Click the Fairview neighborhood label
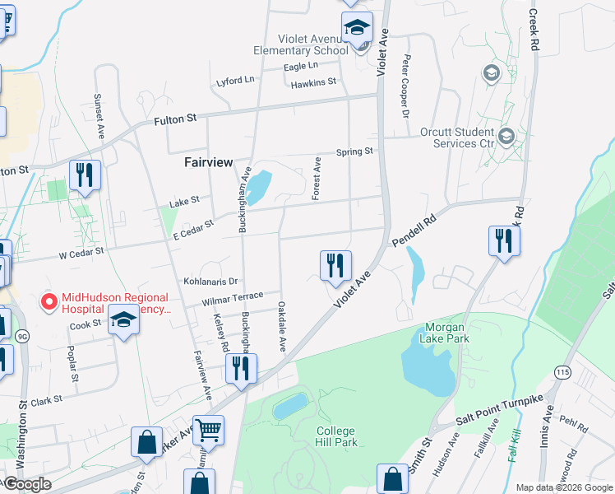[207, 163]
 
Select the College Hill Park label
[337, 436]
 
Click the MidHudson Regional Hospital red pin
[49, 302]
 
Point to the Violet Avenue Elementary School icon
[357, 28]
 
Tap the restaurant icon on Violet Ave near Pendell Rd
[335, 265]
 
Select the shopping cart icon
[209, 430]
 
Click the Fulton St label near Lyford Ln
[175, 119]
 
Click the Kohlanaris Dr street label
[210, 282]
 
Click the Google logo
[26, 484]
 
